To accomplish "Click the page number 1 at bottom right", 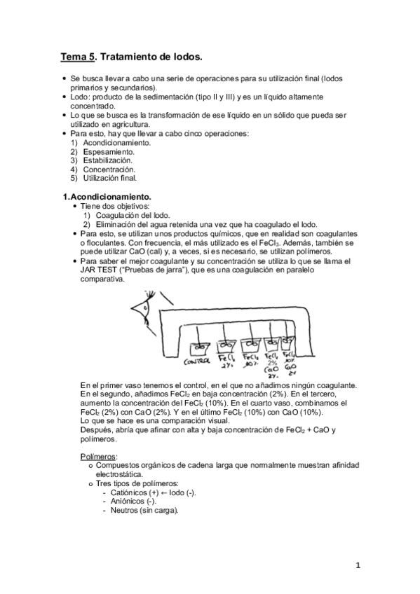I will pos(357,566).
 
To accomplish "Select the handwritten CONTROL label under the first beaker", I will pos(198,362).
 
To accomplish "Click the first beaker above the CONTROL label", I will pos(199,345).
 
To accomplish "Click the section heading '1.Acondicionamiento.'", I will pos(107,198).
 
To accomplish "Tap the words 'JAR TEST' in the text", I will pos(98,270).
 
